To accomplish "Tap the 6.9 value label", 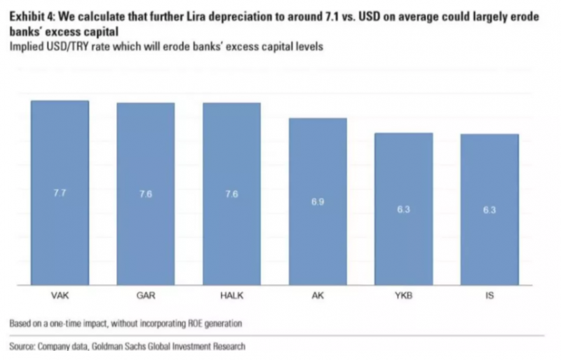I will (318, 202).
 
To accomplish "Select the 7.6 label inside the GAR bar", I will (145, 194).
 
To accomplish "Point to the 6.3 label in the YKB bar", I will (403, 209).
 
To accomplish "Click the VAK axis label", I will (60, 295).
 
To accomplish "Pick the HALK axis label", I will (231, 295).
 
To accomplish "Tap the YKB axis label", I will (403, 295).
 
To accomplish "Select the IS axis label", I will (489, 295).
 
